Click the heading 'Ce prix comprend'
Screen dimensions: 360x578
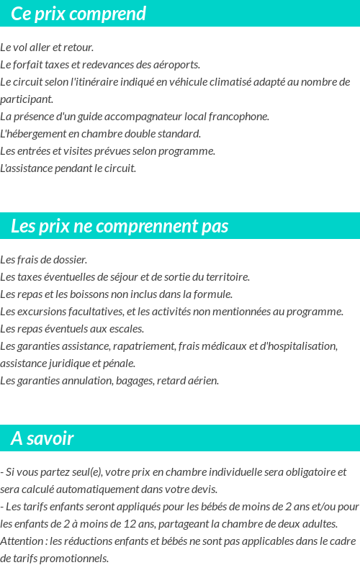[78, 14]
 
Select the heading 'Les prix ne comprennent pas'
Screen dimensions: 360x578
[120, 226]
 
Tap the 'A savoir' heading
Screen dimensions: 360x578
[42, 438]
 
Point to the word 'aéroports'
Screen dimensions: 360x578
[177, 65]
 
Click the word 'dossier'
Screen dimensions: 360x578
[70, 259]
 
